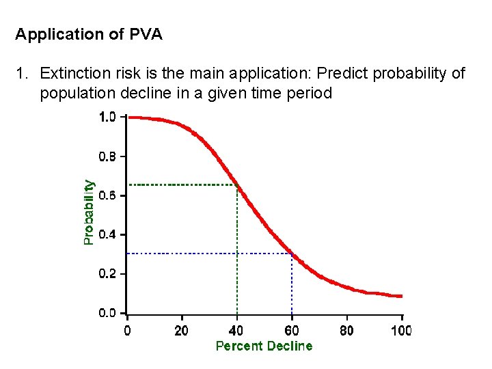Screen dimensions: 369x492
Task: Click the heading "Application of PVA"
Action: point(89,34)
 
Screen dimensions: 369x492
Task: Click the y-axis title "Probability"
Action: point(89,212)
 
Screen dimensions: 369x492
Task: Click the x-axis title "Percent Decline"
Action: point(264,346)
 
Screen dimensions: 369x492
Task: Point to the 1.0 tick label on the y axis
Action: point(108,117)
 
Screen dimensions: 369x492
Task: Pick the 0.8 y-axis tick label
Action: point(108,156)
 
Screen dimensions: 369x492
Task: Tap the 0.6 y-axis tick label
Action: point(108,195)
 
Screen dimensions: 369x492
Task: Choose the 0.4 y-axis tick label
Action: point(108,235)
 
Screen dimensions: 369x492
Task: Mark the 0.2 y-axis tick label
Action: point(108,274)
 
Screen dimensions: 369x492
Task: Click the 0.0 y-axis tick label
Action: point(108,314)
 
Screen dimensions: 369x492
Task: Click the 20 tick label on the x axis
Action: point(182,331)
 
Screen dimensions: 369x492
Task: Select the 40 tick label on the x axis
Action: point(237,331)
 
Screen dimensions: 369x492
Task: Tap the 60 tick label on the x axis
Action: point(292,331)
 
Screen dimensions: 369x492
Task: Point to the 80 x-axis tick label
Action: point(346,331)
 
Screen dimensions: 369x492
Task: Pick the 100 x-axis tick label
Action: point(401,331)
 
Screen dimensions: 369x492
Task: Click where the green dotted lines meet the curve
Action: point(237,184)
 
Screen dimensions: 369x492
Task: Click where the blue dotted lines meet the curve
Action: point(292,254)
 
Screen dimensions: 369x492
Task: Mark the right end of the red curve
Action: point(401,296)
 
